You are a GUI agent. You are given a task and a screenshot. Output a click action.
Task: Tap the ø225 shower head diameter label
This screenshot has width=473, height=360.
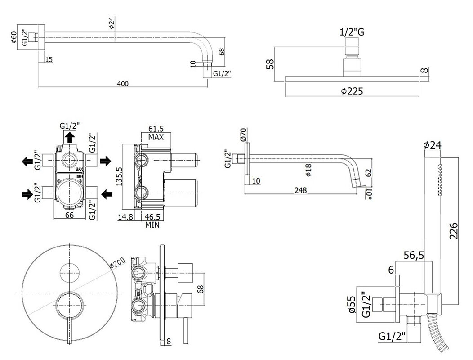(x=352, y=91)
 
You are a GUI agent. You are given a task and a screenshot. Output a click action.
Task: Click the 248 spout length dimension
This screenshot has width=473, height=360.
(x=301, y=190)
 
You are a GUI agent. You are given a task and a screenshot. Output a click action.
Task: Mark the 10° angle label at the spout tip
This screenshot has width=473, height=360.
(x=369, y=193)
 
